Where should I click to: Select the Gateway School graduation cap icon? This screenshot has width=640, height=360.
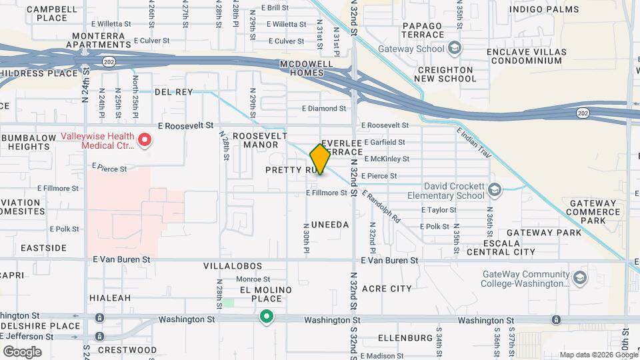[x=455, y=49]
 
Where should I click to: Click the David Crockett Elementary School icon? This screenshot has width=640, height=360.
[x=494, y=191]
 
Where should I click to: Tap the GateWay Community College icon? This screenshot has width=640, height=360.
[x=579, y=278]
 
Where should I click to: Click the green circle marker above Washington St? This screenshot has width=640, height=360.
[x=267, y=317]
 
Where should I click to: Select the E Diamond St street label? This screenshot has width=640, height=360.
[x=324, y=108]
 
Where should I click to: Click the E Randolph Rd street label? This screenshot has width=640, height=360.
[x=381, y=207]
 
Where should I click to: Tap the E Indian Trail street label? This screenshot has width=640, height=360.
[x=474, y=143]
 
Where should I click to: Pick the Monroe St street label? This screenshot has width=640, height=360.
[x=252, y=279]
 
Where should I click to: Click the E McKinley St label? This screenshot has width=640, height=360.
[x=387, y=159]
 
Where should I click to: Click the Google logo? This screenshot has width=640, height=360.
[x=22, y=351]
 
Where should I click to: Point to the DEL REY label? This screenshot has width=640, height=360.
[x=173, y=91]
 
